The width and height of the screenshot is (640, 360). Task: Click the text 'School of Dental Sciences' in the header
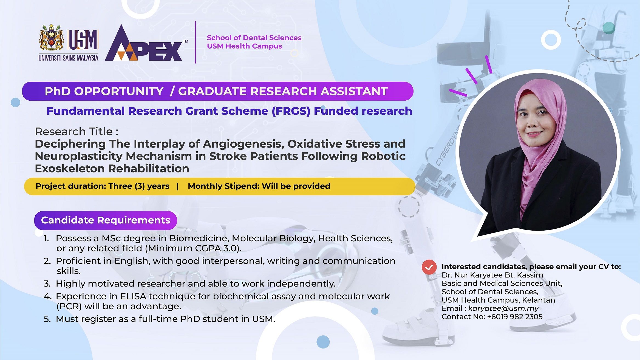[254, 38]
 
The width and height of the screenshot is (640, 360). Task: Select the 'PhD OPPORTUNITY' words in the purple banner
[104, 91]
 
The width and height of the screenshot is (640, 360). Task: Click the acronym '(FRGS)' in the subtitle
[291, 111]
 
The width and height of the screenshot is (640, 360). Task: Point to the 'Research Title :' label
[77, 132]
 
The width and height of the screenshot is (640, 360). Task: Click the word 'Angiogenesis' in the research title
[244, 144]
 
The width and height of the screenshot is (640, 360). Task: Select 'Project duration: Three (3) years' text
[102, 186]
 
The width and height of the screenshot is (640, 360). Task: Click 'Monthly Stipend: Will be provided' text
[259, 186]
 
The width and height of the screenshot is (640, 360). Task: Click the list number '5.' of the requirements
[47, 319]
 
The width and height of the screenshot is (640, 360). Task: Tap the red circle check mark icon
[429, 267]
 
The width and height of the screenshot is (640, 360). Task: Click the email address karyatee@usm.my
[503, 308]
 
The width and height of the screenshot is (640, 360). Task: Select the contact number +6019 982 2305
[515, 317]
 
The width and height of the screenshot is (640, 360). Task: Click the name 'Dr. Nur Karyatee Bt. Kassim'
[492, 275]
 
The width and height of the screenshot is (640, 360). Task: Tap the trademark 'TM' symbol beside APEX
[185, 41]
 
